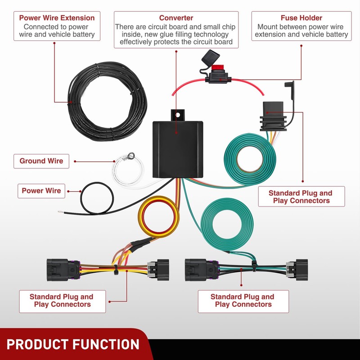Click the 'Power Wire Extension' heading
57,18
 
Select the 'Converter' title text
176,18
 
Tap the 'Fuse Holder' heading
301,18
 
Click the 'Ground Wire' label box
41,161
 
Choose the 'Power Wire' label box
41,191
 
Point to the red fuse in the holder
217,68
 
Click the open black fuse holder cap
211,58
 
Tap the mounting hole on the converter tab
178,115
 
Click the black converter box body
178,149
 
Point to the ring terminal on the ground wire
131,156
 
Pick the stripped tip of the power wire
61,212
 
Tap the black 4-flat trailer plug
273,117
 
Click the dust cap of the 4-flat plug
290,90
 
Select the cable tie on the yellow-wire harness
116,270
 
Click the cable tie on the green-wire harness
254,266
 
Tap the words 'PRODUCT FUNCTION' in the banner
73,344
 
